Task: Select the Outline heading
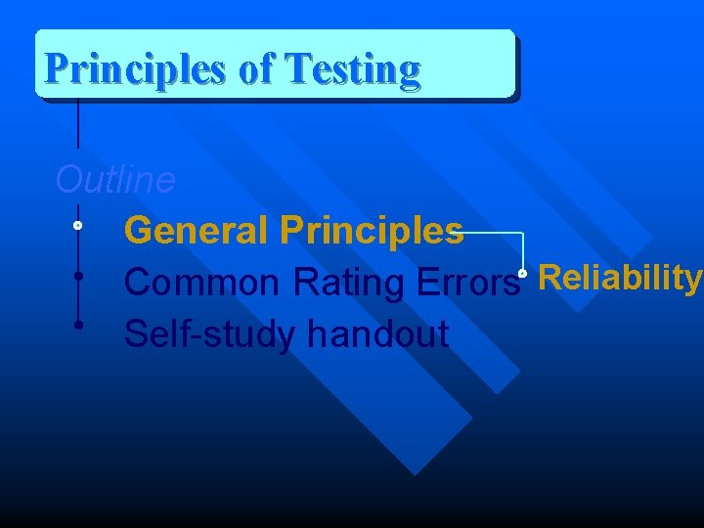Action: tap(115, 180)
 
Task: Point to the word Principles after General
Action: tap(372, 231)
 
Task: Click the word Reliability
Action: tap(620, 279)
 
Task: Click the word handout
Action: tap(377, 334)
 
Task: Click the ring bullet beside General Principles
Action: tap(77, 226)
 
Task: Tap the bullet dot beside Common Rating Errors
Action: tap(77, 275)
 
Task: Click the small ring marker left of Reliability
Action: tap(524, 274)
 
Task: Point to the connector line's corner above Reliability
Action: tap(523, 234)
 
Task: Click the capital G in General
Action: tap(139, 231)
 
